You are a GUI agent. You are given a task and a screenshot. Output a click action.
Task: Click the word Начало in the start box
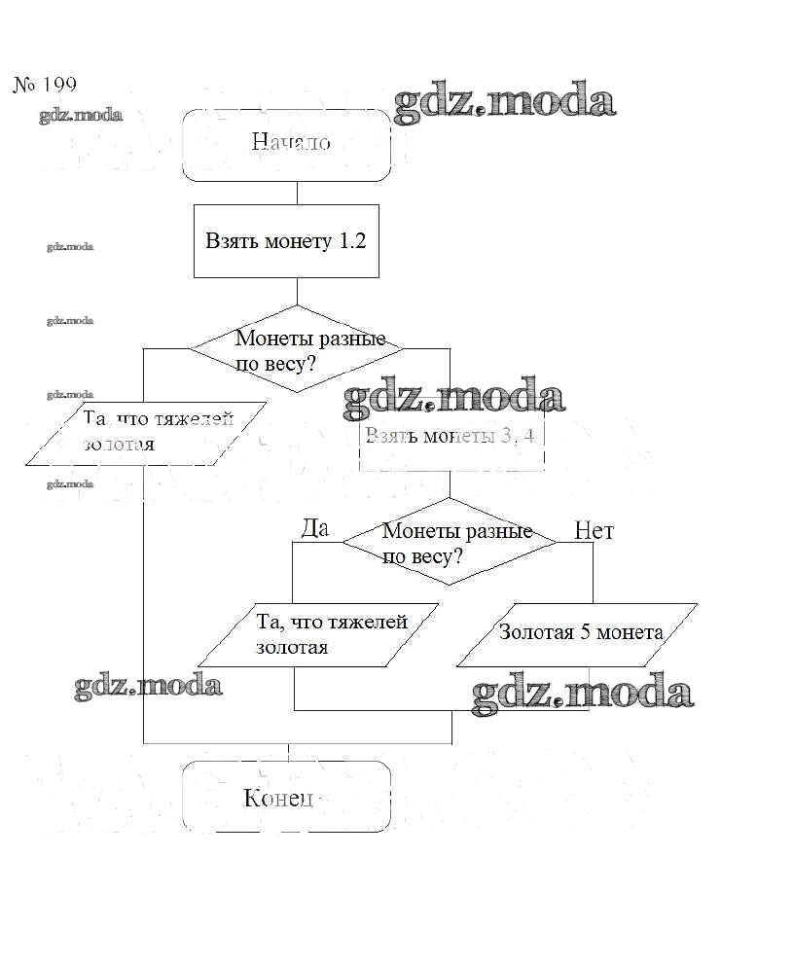point(290,143)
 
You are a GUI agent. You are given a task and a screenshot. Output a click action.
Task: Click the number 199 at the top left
point(58,86)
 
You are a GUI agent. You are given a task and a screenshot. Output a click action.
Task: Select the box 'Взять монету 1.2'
point(285,241)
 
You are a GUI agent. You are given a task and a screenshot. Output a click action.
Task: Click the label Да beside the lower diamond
point(315,528)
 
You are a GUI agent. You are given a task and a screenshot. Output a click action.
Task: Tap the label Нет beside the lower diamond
point(594,531)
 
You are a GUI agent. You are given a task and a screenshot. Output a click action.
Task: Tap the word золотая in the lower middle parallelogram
point(291,646)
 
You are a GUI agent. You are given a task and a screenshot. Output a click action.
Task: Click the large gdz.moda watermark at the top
point(504,103)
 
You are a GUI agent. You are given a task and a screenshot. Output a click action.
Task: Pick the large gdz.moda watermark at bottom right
point(582,694)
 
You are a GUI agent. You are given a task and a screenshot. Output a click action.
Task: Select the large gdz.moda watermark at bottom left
point(148,685)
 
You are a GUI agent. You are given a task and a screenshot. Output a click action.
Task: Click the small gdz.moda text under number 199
point(81,116)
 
